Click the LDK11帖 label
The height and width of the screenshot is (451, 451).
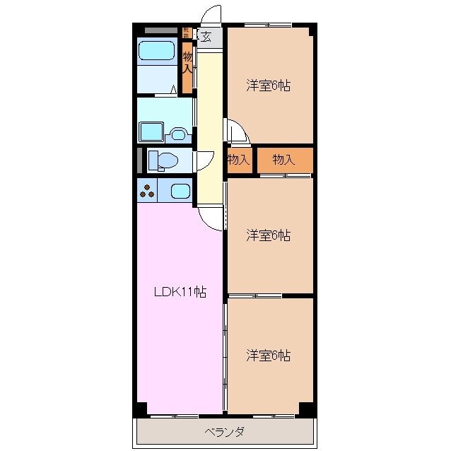click(x=181, y=291)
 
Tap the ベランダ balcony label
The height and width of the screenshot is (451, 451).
click(x=225, y=432)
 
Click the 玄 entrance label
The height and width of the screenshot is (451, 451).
click(x=206, y=37)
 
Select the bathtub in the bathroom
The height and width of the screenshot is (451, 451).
click(x=156, y=50)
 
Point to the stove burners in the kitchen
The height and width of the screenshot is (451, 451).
click(x=147, y=190)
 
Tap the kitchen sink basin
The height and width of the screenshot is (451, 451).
click(x=180, y=190)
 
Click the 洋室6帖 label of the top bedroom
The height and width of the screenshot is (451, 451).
click(x=269, y=86)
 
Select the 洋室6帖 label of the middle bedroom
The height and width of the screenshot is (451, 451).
click(x=269, y=235)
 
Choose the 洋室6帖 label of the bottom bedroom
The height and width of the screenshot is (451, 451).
click(x=269, y=355)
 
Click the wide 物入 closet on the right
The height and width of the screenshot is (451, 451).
click(x=283, y=160)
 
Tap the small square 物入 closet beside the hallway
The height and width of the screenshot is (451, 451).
click(x=239, y=160)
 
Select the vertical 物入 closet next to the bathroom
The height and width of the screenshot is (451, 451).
click(x=187, y=62)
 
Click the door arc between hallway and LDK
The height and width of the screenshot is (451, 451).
click(x=211, y=216)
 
